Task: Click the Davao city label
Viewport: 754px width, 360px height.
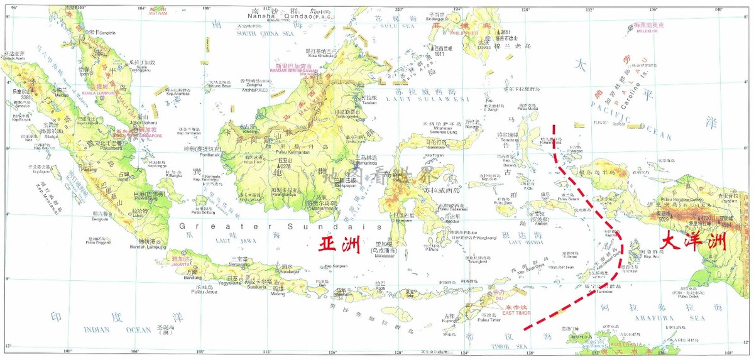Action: pos(482,46)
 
